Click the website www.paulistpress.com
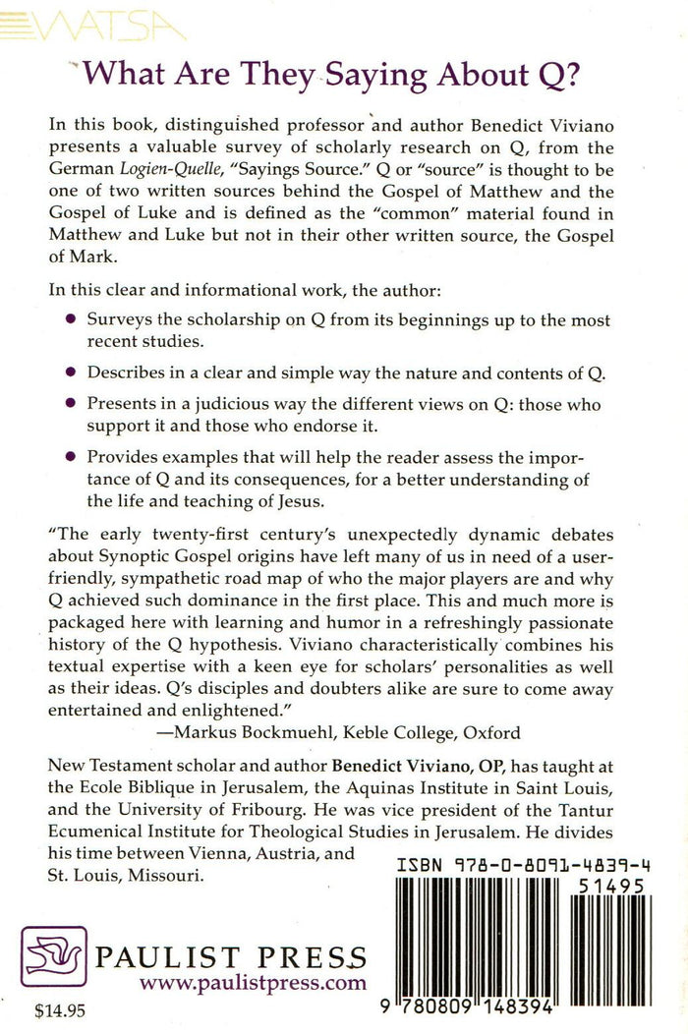[253, 982]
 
